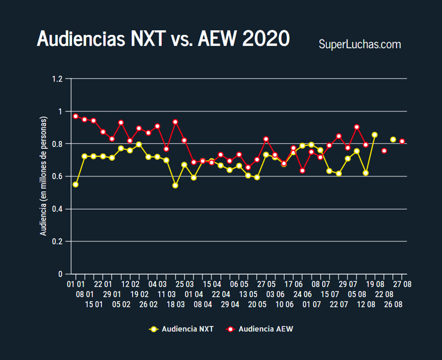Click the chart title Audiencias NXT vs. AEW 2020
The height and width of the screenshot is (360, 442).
coord(163,39)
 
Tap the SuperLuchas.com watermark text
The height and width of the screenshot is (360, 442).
coord(359,44)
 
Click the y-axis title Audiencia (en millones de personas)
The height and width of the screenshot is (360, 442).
coord(43,176)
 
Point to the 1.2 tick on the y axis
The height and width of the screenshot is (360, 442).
coord(58,79)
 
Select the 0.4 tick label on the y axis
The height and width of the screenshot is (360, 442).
coord(58,209)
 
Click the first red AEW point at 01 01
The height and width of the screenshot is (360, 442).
coord(76,116)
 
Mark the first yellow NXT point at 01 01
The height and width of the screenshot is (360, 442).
coord(76,184)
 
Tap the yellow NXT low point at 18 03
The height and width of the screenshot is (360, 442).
coord(175,186)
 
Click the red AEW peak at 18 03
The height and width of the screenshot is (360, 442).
coord(175,122)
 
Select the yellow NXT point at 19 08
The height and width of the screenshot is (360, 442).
coord(375,135)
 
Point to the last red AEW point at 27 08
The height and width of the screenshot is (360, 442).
coord(402,142)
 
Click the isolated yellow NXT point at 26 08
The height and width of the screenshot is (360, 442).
coord(393,140)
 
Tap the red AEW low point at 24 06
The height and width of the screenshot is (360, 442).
coord(302,171)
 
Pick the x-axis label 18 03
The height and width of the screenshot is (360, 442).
coord(175,305)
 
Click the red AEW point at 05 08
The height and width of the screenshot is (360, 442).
coord(357,127)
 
